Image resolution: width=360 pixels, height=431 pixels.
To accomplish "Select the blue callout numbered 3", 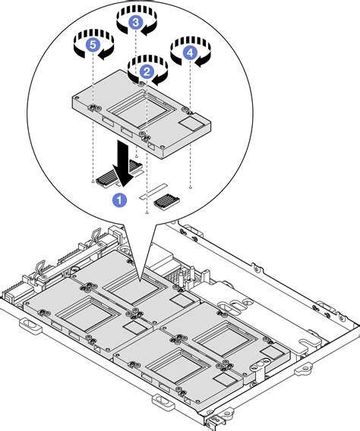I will click(x=135, y=23).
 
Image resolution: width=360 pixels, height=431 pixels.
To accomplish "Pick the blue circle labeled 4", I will click(x=188, y=53).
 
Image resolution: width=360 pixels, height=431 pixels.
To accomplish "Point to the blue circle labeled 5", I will click(x=93, y=46).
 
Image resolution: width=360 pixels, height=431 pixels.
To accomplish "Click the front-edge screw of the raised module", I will click(x=145, y=136).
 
